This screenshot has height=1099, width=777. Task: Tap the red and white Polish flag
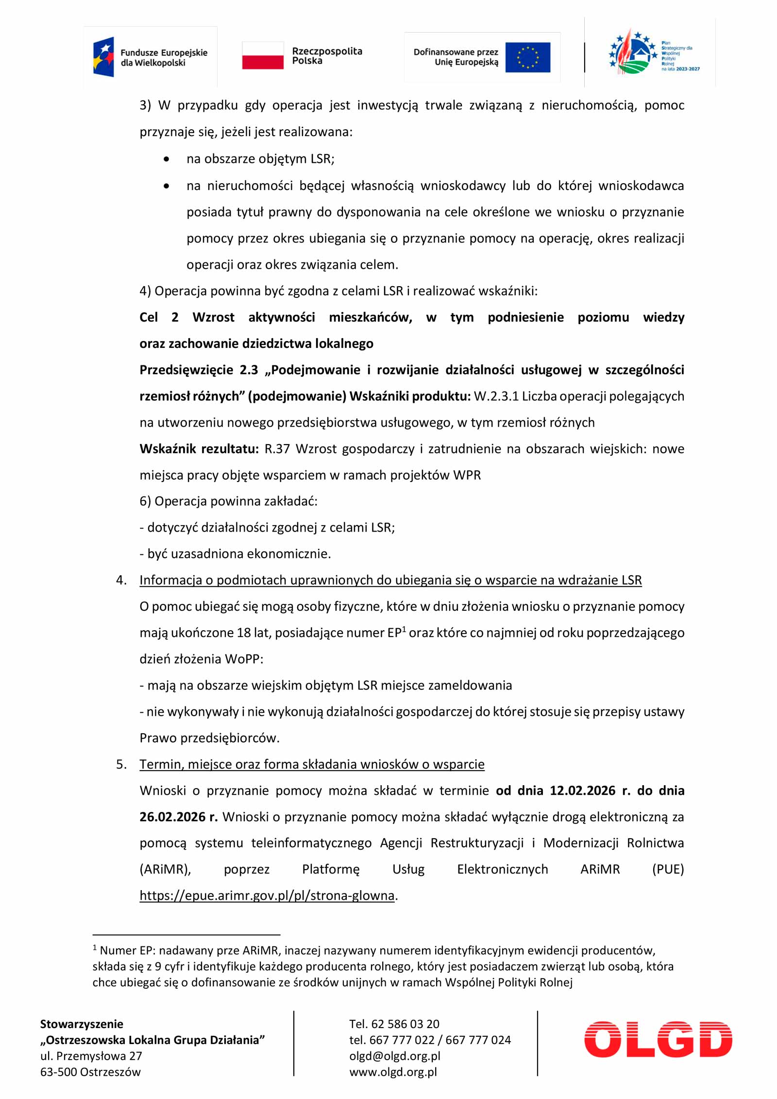(263, 55)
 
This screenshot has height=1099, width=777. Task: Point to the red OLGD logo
(658, 1039)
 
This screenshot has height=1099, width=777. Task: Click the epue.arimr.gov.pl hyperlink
(267, 895)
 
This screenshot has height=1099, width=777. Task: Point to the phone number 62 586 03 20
(405, 1024)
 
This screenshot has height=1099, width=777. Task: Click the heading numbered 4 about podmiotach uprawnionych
(390, 580)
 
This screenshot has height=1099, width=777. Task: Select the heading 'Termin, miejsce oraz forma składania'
(312, 764)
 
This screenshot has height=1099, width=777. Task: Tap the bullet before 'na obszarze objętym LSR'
(167, 159)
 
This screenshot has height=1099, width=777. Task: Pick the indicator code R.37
(277, 449)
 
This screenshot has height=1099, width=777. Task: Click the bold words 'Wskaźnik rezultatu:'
(199, 449)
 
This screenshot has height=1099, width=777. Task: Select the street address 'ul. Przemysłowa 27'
(91, 1056)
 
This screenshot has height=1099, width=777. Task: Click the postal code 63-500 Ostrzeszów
(90, 1072)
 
